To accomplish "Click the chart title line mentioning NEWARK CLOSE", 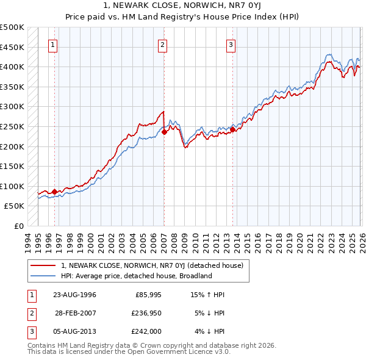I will [182, 6].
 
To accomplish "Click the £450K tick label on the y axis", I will [12, 47].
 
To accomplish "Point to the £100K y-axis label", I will [12, 186].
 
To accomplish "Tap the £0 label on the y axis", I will [20, 226].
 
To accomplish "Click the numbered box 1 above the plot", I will [53, 45].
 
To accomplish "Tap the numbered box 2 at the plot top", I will [163, 45].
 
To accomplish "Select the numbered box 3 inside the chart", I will [231, 45].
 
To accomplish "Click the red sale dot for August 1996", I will [55, 192].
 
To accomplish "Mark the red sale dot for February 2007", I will [164, 131].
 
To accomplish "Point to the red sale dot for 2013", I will [232, 129].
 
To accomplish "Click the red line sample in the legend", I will [43, 266].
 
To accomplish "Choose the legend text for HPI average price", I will [136, 276].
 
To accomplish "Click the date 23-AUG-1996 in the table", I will [75, 295].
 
